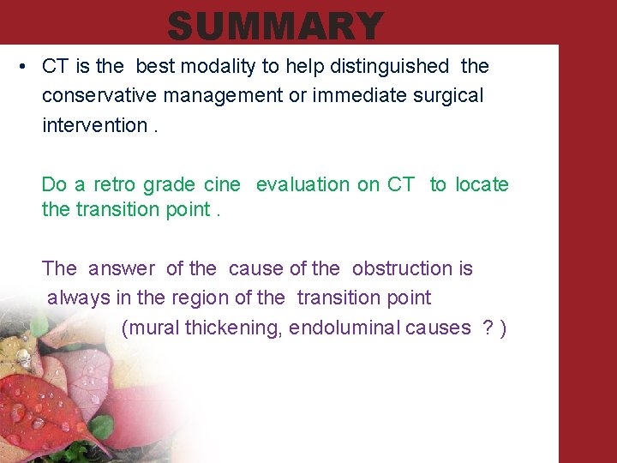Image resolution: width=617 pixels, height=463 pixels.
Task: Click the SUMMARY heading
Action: click(275, 26)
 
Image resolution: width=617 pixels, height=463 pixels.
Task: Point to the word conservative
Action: click(97, 95)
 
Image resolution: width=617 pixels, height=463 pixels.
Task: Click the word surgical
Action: click(447, 95)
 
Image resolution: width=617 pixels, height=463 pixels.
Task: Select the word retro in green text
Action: click(115, 184)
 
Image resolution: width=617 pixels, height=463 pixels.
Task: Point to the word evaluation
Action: click(308, 184)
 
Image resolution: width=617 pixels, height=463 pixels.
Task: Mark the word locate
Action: click(482, 184)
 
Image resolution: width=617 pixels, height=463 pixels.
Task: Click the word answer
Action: click(122, 269)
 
